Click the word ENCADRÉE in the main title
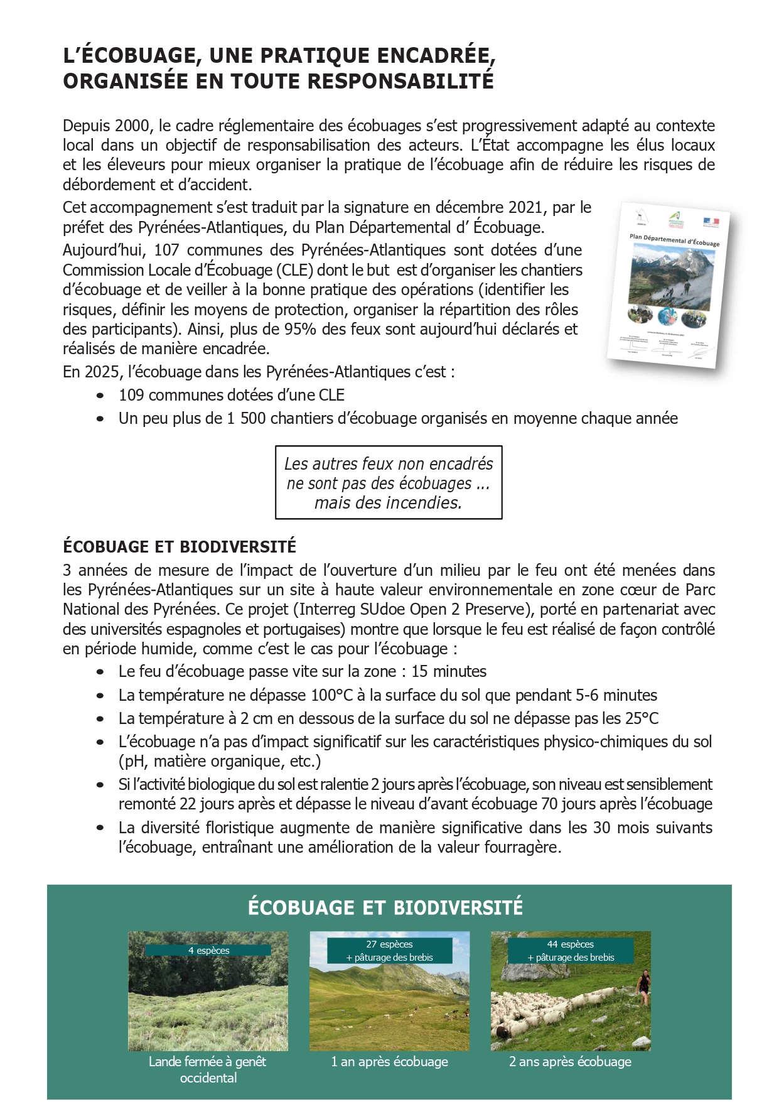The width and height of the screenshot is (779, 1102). [x=432, y=55]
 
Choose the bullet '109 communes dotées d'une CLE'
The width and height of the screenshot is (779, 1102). [x=231, y=395]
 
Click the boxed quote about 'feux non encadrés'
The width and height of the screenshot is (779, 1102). [x=389, y=482]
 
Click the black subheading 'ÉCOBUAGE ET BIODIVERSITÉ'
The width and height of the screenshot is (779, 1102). [x=180, y=546]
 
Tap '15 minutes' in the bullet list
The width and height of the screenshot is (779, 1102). [x=449, y=671]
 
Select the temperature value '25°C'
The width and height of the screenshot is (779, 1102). [x=641, y=718]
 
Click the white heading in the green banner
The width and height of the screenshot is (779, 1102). [x=385, y=907]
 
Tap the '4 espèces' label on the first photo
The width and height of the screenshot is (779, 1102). [x=208, y=950]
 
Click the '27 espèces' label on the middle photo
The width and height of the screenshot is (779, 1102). [x=389, y=944]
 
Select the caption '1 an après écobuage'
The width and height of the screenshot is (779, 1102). [x=389, y=1061]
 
